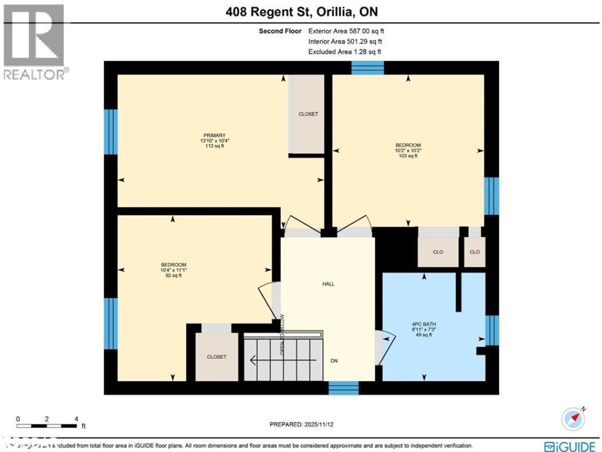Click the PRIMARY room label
click(x=214, y=136)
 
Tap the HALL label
click(x=328, y=284)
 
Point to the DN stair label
click(x=334, y=361)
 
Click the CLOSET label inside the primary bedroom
click(x=308, y=114)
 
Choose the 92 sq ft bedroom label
click(x=173, y=265)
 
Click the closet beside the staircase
click(x=216, y=357)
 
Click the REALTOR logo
click(x=35, y=42)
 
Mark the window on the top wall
click(x=367, y=68)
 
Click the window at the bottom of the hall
click(x=343, y=388)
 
